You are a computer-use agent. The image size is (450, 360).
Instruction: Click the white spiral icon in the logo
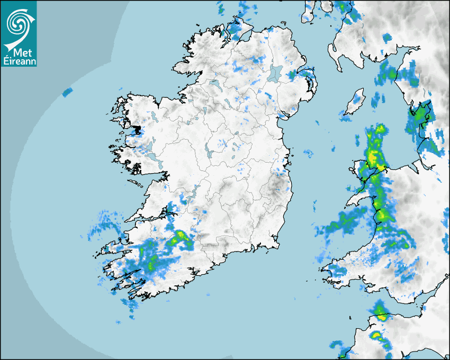click(18, 22)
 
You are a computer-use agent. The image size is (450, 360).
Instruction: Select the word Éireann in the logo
click(19, 61)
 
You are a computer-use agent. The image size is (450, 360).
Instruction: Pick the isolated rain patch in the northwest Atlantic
click(67, 92)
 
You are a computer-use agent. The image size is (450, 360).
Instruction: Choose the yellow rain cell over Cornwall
click(376, 335)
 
